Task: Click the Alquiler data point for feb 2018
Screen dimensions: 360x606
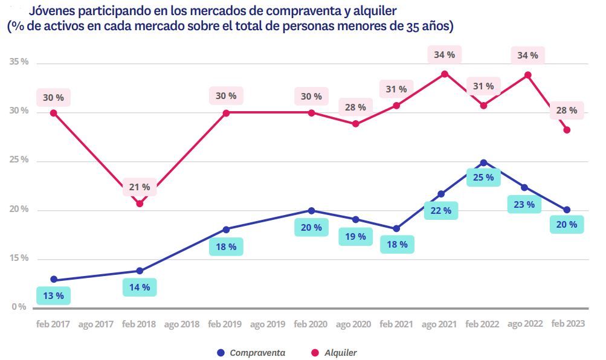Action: [140, 204]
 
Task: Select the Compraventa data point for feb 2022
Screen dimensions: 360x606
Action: [483, 162]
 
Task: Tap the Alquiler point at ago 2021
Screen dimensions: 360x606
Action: [445, 74]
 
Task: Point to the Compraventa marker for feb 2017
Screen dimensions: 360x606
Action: [54, 280]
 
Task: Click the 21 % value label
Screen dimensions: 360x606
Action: [140, 187]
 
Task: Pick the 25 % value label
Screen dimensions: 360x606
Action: [483, 178]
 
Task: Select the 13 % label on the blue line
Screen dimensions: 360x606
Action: [54, 296]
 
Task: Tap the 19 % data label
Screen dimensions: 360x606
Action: [355, 236]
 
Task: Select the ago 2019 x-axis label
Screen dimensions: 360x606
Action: [268, 324]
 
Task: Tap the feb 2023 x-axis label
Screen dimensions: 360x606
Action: [567, 324]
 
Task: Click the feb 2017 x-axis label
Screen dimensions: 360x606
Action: [53, 324]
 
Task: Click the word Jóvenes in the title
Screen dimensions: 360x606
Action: [52, 11]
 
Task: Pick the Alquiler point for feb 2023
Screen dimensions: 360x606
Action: [567, 130]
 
